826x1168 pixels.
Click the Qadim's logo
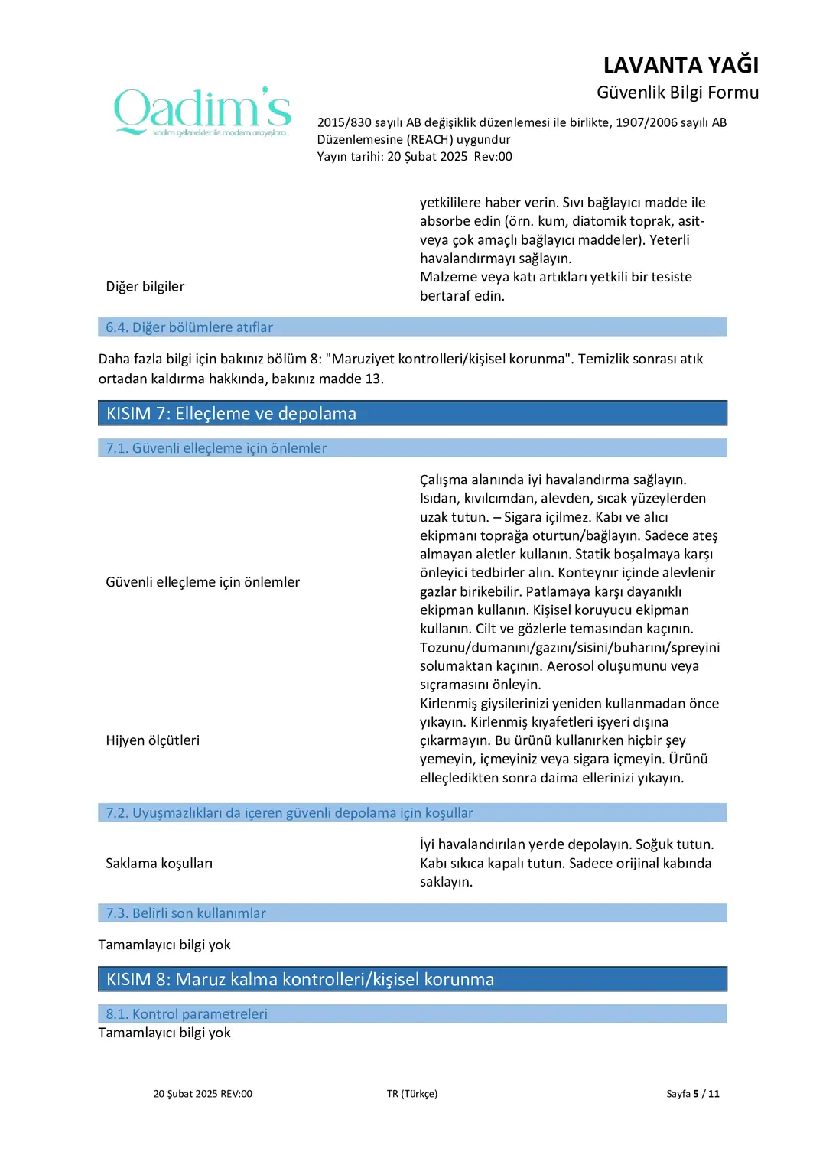tap(203, 112)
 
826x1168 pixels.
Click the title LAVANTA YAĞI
tap(681, 65)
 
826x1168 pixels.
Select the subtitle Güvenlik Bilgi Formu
tap(678, 93)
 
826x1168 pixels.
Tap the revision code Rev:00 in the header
tap(493, 157)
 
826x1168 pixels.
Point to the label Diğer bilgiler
tap(145, 287)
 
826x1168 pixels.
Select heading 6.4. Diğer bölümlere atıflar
tap(189, 327)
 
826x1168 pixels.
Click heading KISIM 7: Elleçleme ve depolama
tap(231, 414)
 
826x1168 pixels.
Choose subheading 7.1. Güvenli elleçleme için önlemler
tap(216, 448)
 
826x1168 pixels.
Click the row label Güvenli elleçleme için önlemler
tap(203, 582)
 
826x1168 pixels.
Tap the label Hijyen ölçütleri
tap(153, 740)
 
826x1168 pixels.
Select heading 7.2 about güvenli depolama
tap(289, 813)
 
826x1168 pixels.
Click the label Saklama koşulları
tap(159, 864)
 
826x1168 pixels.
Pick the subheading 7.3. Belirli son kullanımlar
tap(186, 913)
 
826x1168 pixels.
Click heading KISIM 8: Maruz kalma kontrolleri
tap(300, 980)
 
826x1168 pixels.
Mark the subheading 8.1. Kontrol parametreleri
tap(187, 1014)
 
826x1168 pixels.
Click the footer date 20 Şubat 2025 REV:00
tap(203, 1094)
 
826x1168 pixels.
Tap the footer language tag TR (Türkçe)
tap(412, 1094)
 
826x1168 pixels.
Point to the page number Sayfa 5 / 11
tap(693, 1094)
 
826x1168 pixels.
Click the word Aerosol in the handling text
tap(571, 666)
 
